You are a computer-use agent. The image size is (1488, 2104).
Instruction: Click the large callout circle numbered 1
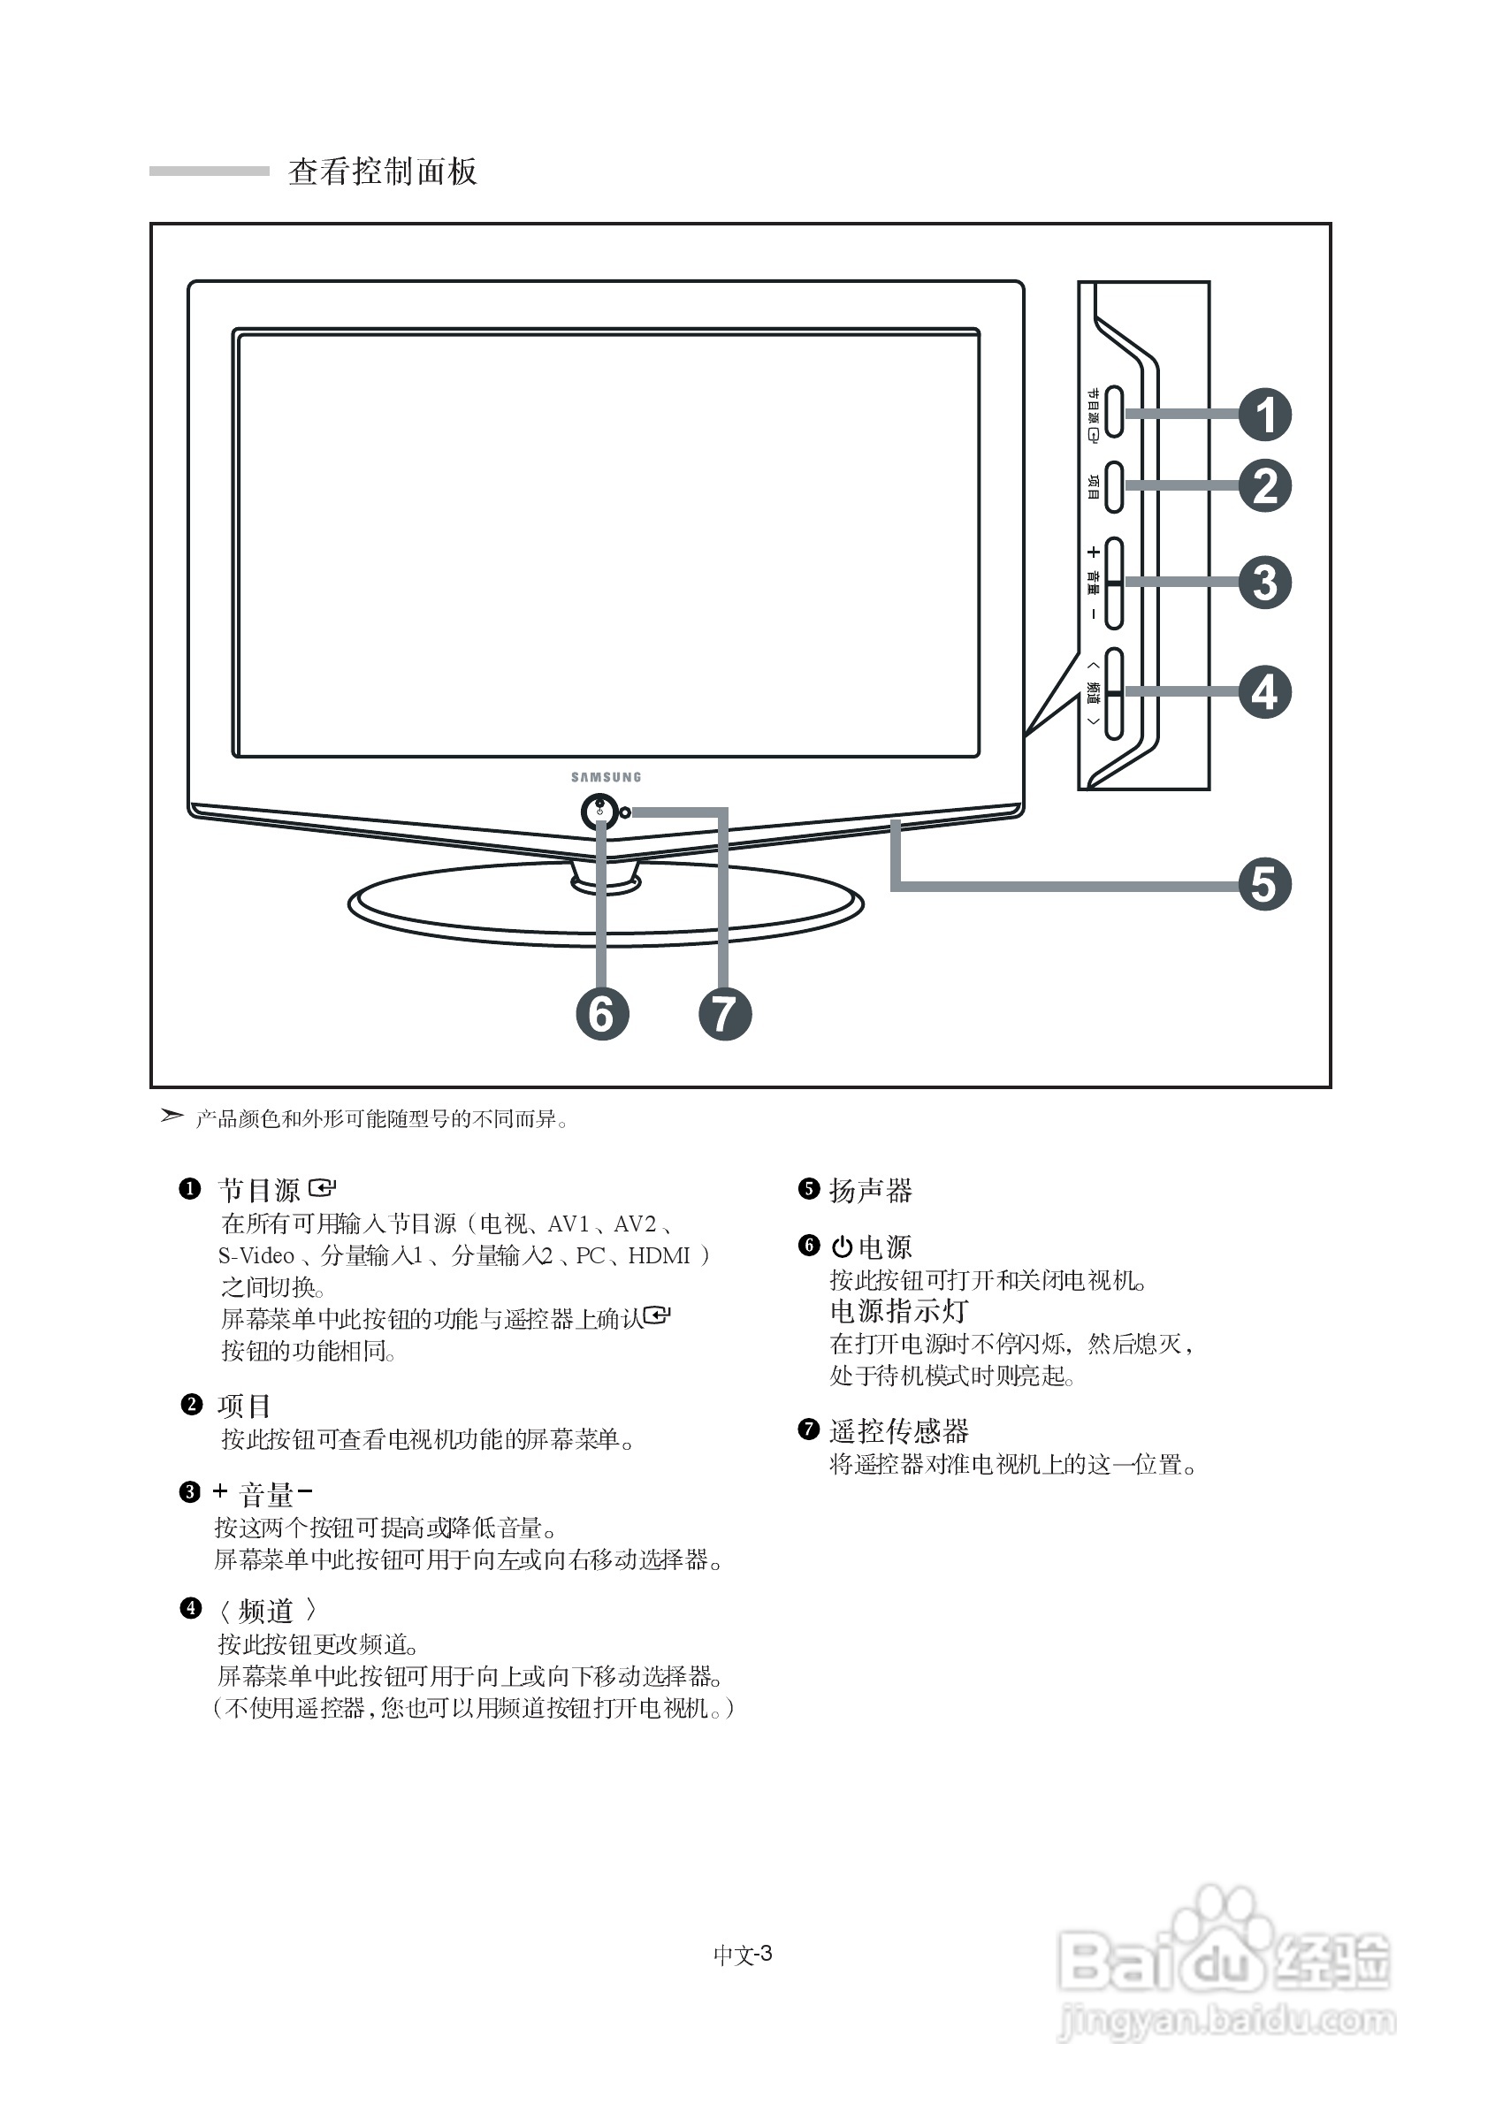tap(1264, 415)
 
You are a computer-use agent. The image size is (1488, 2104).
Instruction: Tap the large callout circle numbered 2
tap(1264, 485)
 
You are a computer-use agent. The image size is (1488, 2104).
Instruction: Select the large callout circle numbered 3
tap(1264, 582)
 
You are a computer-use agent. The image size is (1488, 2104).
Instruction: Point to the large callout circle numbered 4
tap(1264, 692)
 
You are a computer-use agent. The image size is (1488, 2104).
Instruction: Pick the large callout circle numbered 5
tap(1264, 884)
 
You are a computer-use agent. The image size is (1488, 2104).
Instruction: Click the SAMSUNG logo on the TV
tap(606, 777)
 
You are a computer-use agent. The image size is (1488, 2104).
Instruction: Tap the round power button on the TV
tap(599, 811)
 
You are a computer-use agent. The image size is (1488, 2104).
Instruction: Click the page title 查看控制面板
tap(382, 172)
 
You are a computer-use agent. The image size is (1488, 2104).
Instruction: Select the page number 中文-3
tap(742, 1954)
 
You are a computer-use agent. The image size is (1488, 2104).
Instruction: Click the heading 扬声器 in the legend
tap(871, 1191)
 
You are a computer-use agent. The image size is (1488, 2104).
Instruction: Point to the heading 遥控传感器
tap(899, 1430)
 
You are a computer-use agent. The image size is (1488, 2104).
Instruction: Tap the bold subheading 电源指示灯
tap(899, 1310)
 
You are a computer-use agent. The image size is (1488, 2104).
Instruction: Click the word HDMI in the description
tap(659, 1255)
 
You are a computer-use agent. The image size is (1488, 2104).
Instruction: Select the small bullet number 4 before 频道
tap(191, 1608)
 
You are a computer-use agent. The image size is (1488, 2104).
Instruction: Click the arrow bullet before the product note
tap(172, 1116)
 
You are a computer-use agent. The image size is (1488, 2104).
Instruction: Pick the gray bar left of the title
tap(209, 172)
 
